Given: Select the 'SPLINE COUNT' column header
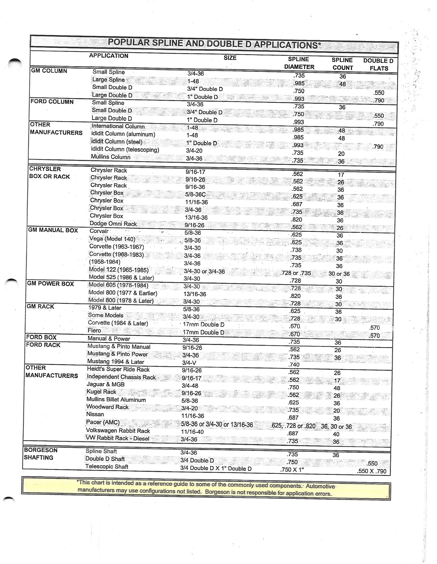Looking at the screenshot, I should (x=342, y=64).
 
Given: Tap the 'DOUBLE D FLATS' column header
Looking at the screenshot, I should (x=378, y=65).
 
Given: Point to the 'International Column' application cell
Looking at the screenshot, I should (x=118, y=126).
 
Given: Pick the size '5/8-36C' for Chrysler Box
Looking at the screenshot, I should (x=195, y=194).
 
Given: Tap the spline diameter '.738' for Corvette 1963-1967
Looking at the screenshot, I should (x=296, y=250).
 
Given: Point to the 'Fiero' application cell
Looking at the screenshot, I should (x=94, y=331).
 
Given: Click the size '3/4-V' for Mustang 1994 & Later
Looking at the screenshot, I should (x=189, y=363).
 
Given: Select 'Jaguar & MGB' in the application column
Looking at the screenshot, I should (x=106, y=384).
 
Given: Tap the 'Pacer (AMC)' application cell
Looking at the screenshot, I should (x=103, y=422).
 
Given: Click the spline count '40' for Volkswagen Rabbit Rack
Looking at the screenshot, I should (x=336, y=434).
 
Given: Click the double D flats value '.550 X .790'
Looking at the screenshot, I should (x=372, y=471).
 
